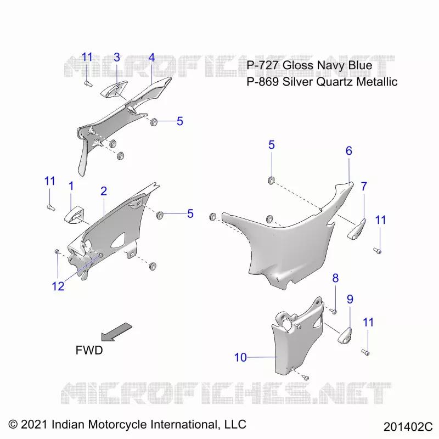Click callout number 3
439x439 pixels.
click(117, 58)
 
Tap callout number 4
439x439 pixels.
click(151, 58)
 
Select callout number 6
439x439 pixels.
click(348, 151)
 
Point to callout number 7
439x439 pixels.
click(364, 187)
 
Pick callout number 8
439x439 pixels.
click(335, 278)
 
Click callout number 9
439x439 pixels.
click(350, 299)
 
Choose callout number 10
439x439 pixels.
click(240, 358)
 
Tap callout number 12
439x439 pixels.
click(58, 286)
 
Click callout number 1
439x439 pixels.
click(71, 186)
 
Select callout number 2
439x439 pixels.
click(104, 191)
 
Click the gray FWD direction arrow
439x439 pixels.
click(116, 332)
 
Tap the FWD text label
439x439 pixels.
click(89, 350)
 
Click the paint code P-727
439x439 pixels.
click(262, 65)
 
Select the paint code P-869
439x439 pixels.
click(263, 82)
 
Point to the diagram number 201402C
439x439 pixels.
click(408, 427)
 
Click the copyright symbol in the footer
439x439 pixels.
click(13, 424)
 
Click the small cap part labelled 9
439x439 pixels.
click(345, 336)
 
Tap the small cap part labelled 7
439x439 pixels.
click(357, 229)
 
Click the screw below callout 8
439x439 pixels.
click(333, 311)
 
